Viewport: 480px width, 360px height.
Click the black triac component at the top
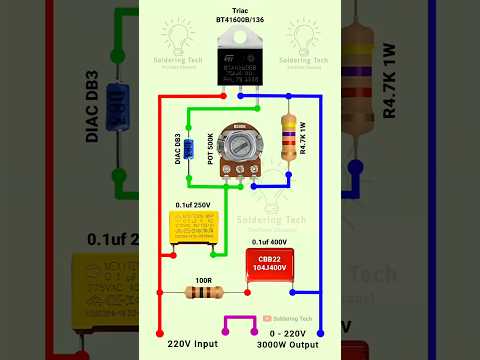tap(239, 62)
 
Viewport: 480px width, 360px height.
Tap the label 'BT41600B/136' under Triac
tap(240, 19)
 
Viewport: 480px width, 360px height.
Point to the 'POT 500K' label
tap(211, 148)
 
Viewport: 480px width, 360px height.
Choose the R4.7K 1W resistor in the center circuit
tap(289, 136)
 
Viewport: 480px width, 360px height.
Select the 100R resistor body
tap(204, 293)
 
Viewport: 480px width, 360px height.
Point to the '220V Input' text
tap(185, 343)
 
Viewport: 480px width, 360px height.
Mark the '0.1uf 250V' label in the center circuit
tap(193, 205)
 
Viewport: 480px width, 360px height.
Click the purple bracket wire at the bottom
tap(239, 323)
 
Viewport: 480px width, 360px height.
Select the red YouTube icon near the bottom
tap(268, 318)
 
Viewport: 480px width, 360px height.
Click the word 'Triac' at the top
tap(240, 8)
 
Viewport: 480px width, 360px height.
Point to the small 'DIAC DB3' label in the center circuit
tap(177, 150)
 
